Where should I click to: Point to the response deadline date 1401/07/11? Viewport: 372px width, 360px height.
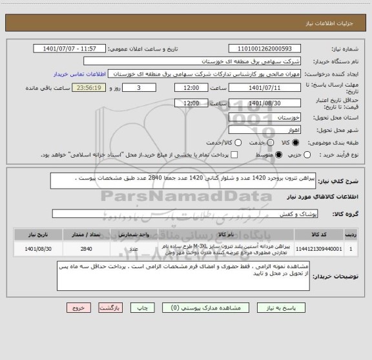click(x=263, y=87)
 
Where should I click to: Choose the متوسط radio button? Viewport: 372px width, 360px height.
click(x=280, y=154)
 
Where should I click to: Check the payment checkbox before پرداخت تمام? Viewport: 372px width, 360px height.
click(x=234, y=154)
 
